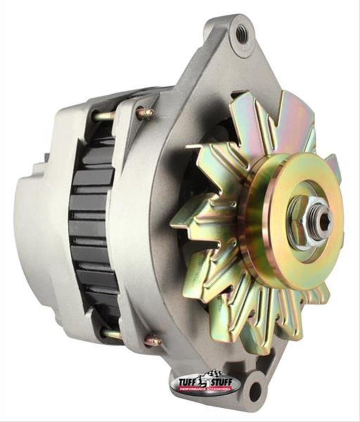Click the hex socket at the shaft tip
[323, 221]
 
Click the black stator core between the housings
[92, 225]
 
